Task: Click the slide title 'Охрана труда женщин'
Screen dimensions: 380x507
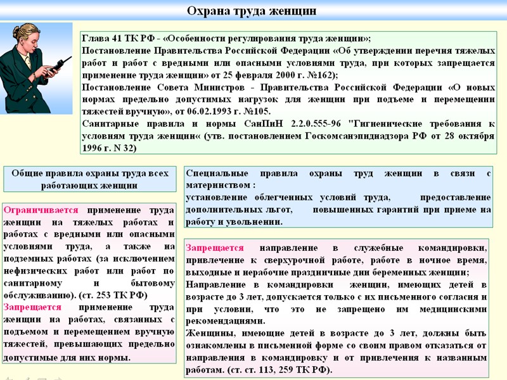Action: coord(252,11)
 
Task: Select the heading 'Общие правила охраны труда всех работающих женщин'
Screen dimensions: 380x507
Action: coord(90,179)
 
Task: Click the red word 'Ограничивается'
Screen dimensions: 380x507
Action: coord(41,210)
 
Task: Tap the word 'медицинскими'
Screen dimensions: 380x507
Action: coord(454,308)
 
